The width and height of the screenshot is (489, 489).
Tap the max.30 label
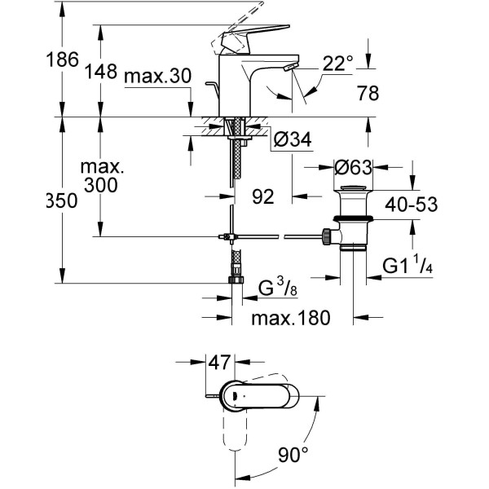click(157, 77)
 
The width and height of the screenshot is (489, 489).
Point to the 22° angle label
click(338, 61)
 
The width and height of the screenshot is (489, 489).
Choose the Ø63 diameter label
click(354, 168)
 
